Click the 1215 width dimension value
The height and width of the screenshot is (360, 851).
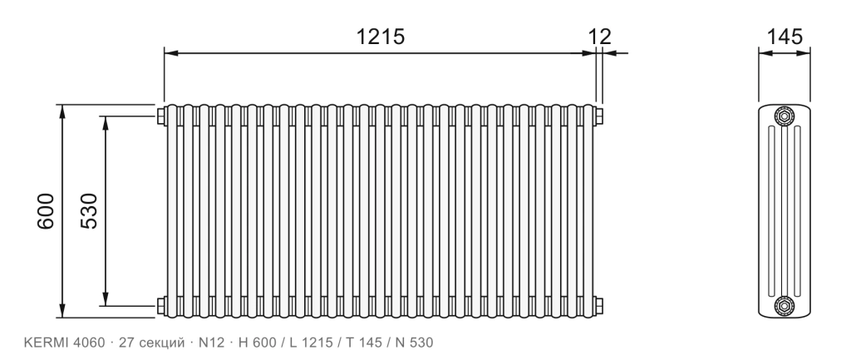[x=380, y=37]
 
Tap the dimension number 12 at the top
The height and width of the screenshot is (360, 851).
[x=600, y=37]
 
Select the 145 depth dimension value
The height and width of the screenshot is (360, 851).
[x=785, y=37]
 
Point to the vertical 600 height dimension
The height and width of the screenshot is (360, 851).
[x=46, y=210]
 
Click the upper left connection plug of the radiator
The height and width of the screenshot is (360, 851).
[x=160, y=116]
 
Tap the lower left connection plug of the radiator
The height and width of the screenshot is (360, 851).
[x=160, y=306]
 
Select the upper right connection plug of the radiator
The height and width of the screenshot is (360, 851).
[x=598, y=116]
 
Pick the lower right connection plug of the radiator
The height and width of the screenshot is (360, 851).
[x=598, y=306]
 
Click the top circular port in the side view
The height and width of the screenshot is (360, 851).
[x=785, y=116]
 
